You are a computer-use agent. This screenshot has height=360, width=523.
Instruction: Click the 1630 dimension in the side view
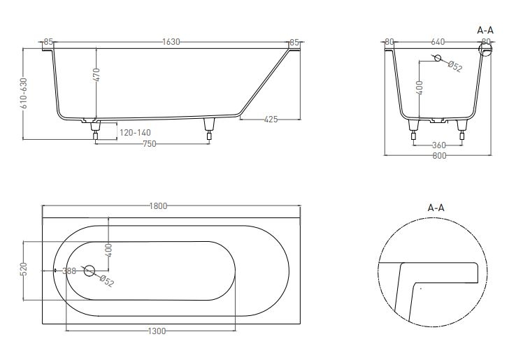click(171, 42)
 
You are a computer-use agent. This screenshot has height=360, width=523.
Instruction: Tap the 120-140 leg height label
click(134, 132)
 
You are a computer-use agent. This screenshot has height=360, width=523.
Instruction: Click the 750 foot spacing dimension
click(149, 143)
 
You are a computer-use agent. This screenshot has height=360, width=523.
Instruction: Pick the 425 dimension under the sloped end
click(271, 120)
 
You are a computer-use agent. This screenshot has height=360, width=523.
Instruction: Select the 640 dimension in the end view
click(438, 42)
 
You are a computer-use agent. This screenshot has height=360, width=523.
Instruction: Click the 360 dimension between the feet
click(438, 145)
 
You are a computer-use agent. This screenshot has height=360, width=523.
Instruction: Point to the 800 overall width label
click(438, 156)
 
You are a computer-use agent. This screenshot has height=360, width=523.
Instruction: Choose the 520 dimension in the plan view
click(23, 269)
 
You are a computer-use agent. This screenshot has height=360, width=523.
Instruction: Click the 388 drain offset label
click(69, 271)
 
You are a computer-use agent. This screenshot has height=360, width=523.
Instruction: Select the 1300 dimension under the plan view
click(157, 331)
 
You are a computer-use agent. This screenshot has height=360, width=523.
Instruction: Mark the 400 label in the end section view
click(420, 88)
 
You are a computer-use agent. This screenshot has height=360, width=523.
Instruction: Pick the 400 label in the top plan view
click(108, 250)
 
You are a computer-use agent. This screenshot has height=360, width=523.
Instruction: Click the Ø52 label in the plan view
click(106, 281)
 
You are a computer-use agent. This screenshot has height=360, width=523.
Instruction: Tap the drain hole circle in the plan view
click(89, 271)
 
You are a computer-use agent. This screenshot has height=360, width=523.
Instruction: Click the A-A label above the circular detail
click(436, 208)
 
